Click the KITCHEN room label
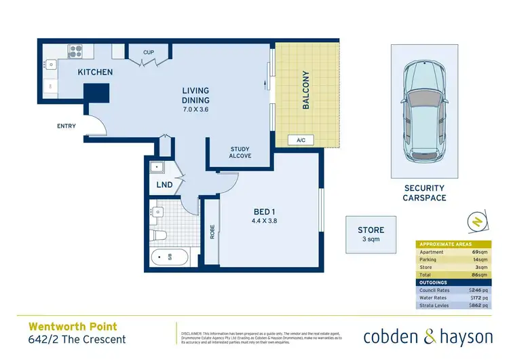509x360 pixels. tap(95, 72)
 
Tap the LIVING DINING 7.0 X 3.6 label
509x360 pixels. tap(195, 100)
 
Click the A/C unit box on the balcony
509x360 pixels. tap(301, 141)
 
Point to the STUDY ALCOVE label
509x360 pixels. tap(240, 151)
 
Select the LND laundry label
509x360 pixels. tap(164, 185)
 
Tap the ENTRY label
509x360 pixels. tap(67, 126)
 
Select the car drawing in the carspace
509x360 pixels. tap(425, 111)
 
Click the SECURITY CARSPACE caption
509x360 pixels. tap(425, 193)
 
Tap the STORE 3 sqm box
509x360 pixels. tap(371, 235)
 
